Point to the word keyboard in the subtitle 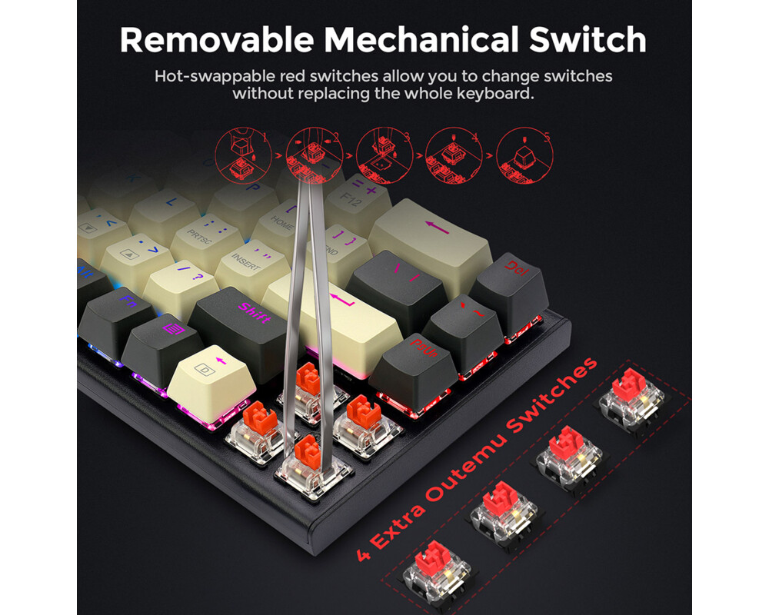(493, 95)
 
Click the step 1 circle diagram (241, 154)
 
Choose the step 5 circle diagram (525, 153)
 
